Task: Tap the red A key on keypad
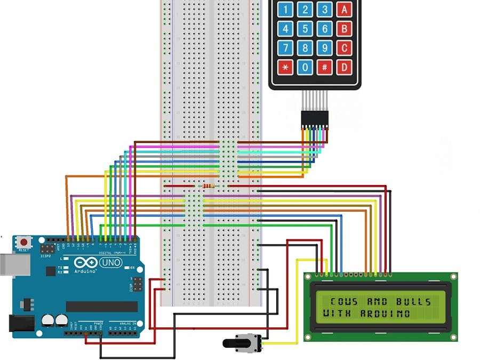[x=345, y=9]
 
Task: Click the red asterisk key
[x=285, y=68]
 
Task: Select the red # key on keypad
[x=324, y=68]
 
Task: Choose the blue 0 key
[x=305, y=68]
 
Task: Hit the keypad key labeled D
[x=345, y=68]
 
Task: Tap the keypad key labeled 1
[x=285, y=9]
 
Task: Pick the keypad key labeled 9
[x=324, y=48]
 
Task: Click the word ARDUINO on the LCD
[x=385, y=314]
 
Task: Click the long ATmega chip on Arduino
[x=101, y=306]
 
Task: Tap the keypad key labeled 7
[x=285, y=48]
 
